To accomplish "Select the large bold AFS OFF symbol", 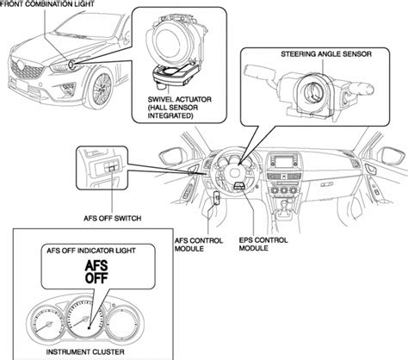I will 96,276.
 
